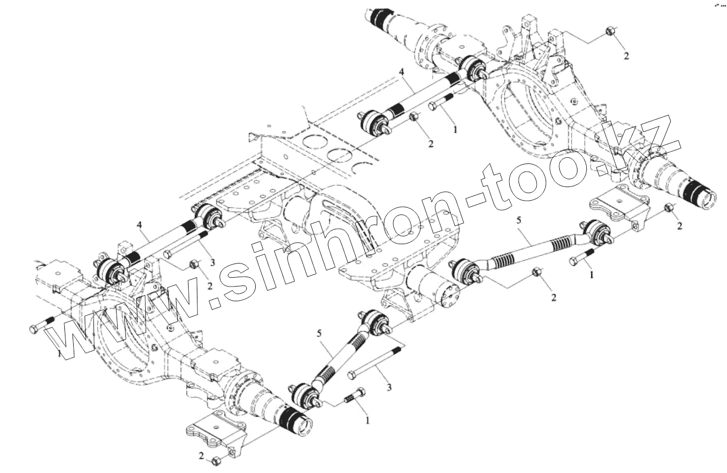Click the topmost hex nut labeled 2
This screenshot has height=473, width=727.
(x=610, y=32)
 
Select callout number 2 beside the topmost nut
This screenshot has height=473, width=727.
(x=626, y=56)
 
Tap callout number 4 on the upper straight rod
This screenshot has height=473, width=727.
(x=402, y=71)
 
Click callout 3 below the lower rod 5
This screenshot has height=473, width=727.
(x=389, y=388)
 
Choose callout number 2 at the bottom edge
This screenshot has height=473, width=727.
(x=201, y=456)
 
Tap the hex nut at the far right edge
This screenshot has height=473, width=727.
(x=669, y=208)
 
